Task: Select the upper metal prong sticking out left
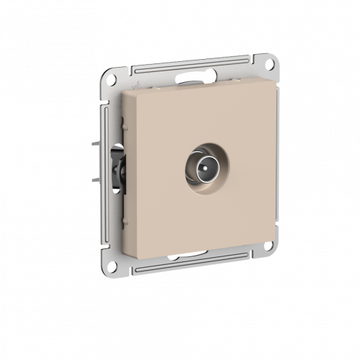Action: pyautogui.click(x=96, y=143)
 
